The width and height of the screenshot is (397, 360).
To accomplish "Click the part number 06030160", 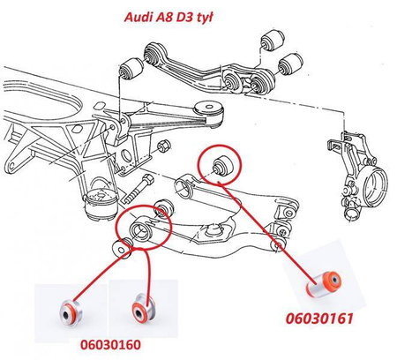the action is click(110, 344).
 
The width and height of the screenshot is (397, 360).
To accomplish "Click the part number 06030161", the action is click(319, 319).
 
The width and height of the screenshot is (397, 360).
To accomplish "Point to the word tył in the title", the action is click(203, 18).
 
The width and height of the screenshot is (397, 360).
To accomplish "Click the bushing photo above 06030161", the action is click(324, 283).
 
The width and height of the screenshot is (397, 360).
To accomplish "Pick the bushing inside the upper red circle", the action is click(223, 165).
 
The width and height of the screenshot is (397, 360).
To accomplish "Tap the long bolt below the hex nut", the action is click(139, 189).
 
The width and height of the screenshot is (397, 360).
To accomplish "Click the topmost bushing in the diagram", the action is click(273, 40).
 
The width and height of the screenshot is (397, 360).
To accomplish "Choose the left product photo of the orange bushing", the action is click(71, 312).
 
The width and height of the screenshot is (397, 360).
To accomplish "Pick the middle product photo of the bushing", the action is click(144, 308).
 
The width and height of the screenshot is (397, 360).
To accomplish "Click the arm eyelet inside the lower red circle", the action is click(141, 230).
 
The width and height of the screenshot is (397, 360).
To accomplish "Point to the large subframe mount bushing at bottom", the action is click(101, 204).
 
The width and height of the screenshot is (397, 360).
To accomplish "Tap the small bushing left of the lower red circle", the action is click(122, 249).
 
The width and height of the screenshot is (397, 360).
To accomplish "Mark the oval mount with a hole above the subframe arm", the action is click(208, 108).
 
